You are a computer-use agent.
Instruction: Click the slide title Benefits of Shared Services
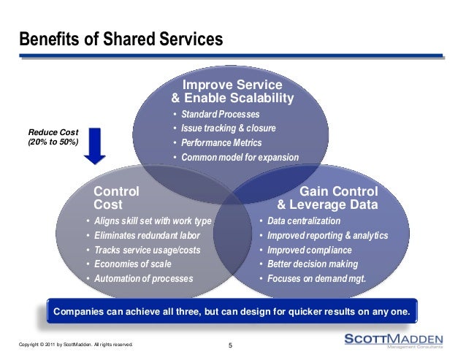coord(121,38)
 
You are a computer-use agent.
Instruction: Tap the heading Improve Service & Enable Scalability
coord(232,91)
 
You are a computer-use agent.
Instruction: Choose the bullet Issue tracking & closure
coord(229,129)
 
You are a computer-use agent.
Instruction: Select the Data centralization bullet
coord(304,221)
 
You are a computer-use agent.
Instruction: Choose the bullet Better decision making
coord(313,264)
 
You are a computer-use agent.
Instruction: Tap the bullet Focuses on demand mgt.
coord(316,279)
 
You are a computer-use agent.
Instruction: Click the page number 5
coord(230,345)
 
